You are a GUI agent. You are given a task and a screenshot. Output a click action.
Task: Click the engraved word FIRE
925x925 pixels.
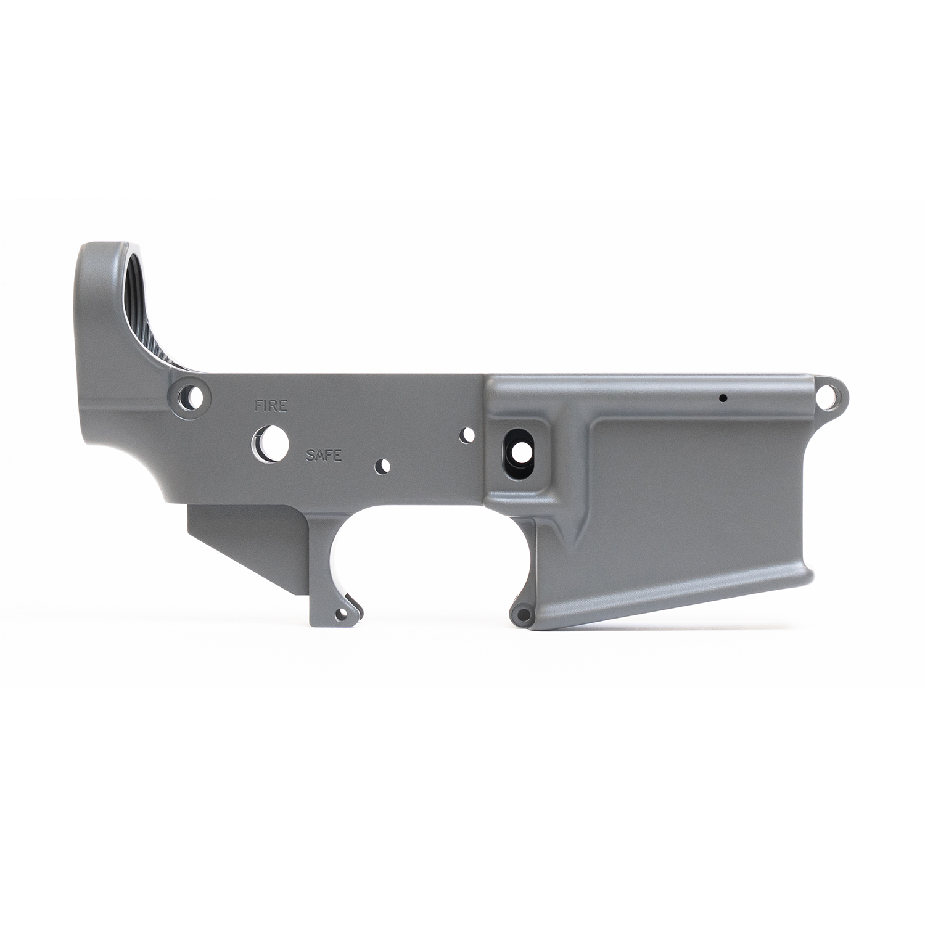click(271, 406)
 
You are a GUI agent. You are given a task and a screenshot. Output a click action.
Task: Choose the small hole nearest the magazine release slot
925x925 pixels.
click(469, 434)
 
